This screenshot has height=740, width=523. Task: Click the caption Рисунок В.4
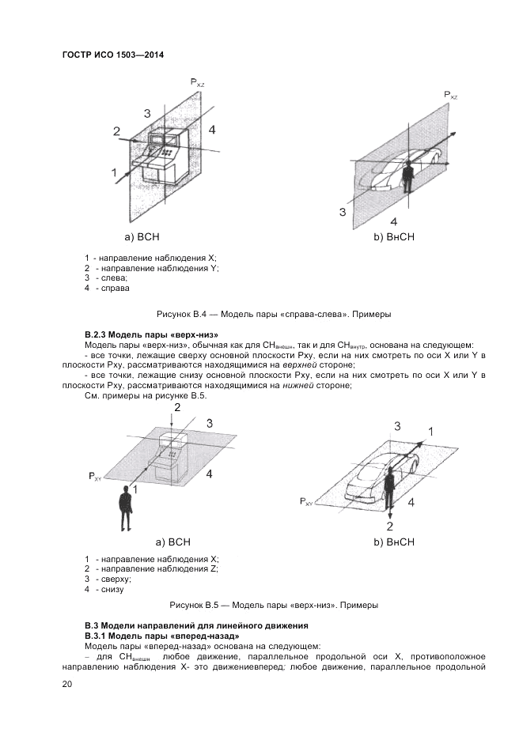pos(274,314)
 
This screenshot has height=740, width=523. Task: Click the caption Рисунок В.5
pos(274,605)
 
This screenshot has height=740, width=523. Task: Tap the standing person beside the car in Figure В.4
pos(407,178)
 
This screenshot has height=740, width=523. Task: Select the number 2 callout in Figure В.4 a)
pos(116,131)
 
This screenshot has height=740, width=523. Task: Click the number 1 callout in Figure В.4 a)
pos(114,172)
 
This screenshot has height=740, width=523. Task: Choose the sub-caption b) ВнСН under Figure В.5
pos(394,542)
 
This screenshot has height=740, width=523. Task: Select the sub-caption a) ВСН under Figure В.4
pos(142,236)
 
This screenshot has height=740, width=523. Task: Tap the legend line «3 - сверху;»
pos(108,579)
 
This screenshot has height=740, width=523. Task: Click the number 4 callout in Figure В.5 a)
pos(209,474)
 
